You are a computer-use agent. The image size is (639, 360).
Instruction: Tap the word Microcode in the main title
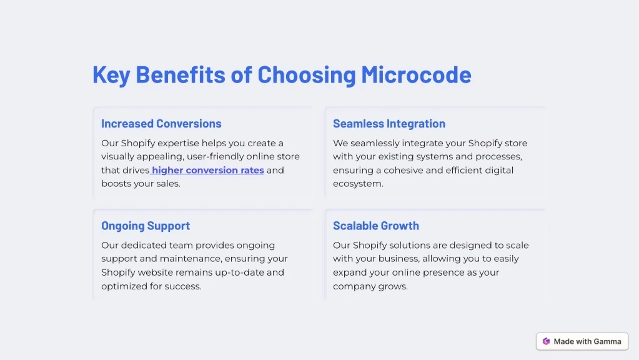pos(416,74)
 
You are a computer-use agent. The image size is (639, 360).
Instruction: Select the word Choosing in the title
pos(307,75)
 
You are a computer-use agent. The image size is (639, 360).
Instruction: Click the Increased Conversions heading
pos(161,124)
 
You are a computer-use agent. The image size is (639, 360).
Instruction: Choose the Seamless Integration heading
pos(389,124)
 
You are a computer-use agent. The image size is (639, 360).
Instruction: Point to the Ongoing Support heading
pos(146,226)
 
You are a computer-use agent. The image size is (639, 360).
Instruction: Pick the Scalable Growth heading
pos(376,226)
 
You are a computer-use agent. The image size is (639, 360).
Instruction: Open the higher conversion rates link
pos(208,170)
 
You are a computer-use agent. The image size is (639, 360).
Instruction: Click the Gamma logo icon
pos(546,342)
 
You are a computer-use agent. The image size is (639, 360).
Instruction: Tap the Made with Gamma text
pos(587,342)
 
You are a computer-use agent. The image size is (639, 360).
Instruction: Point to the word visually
pos(118,157)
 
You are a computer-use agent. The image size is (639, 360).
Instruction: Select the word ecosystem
pos(357,184)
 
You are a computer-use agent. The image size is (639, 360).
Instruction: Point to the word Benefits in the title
pos(180,74)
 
